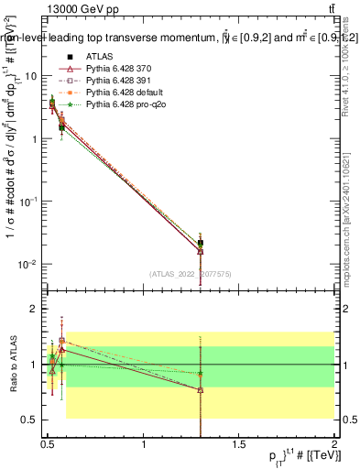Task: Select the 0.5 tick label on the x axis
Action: point(48,446)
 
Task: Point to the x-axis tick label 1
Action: point(144,446)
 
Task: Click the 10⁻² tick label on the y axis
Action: point(27,265)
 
